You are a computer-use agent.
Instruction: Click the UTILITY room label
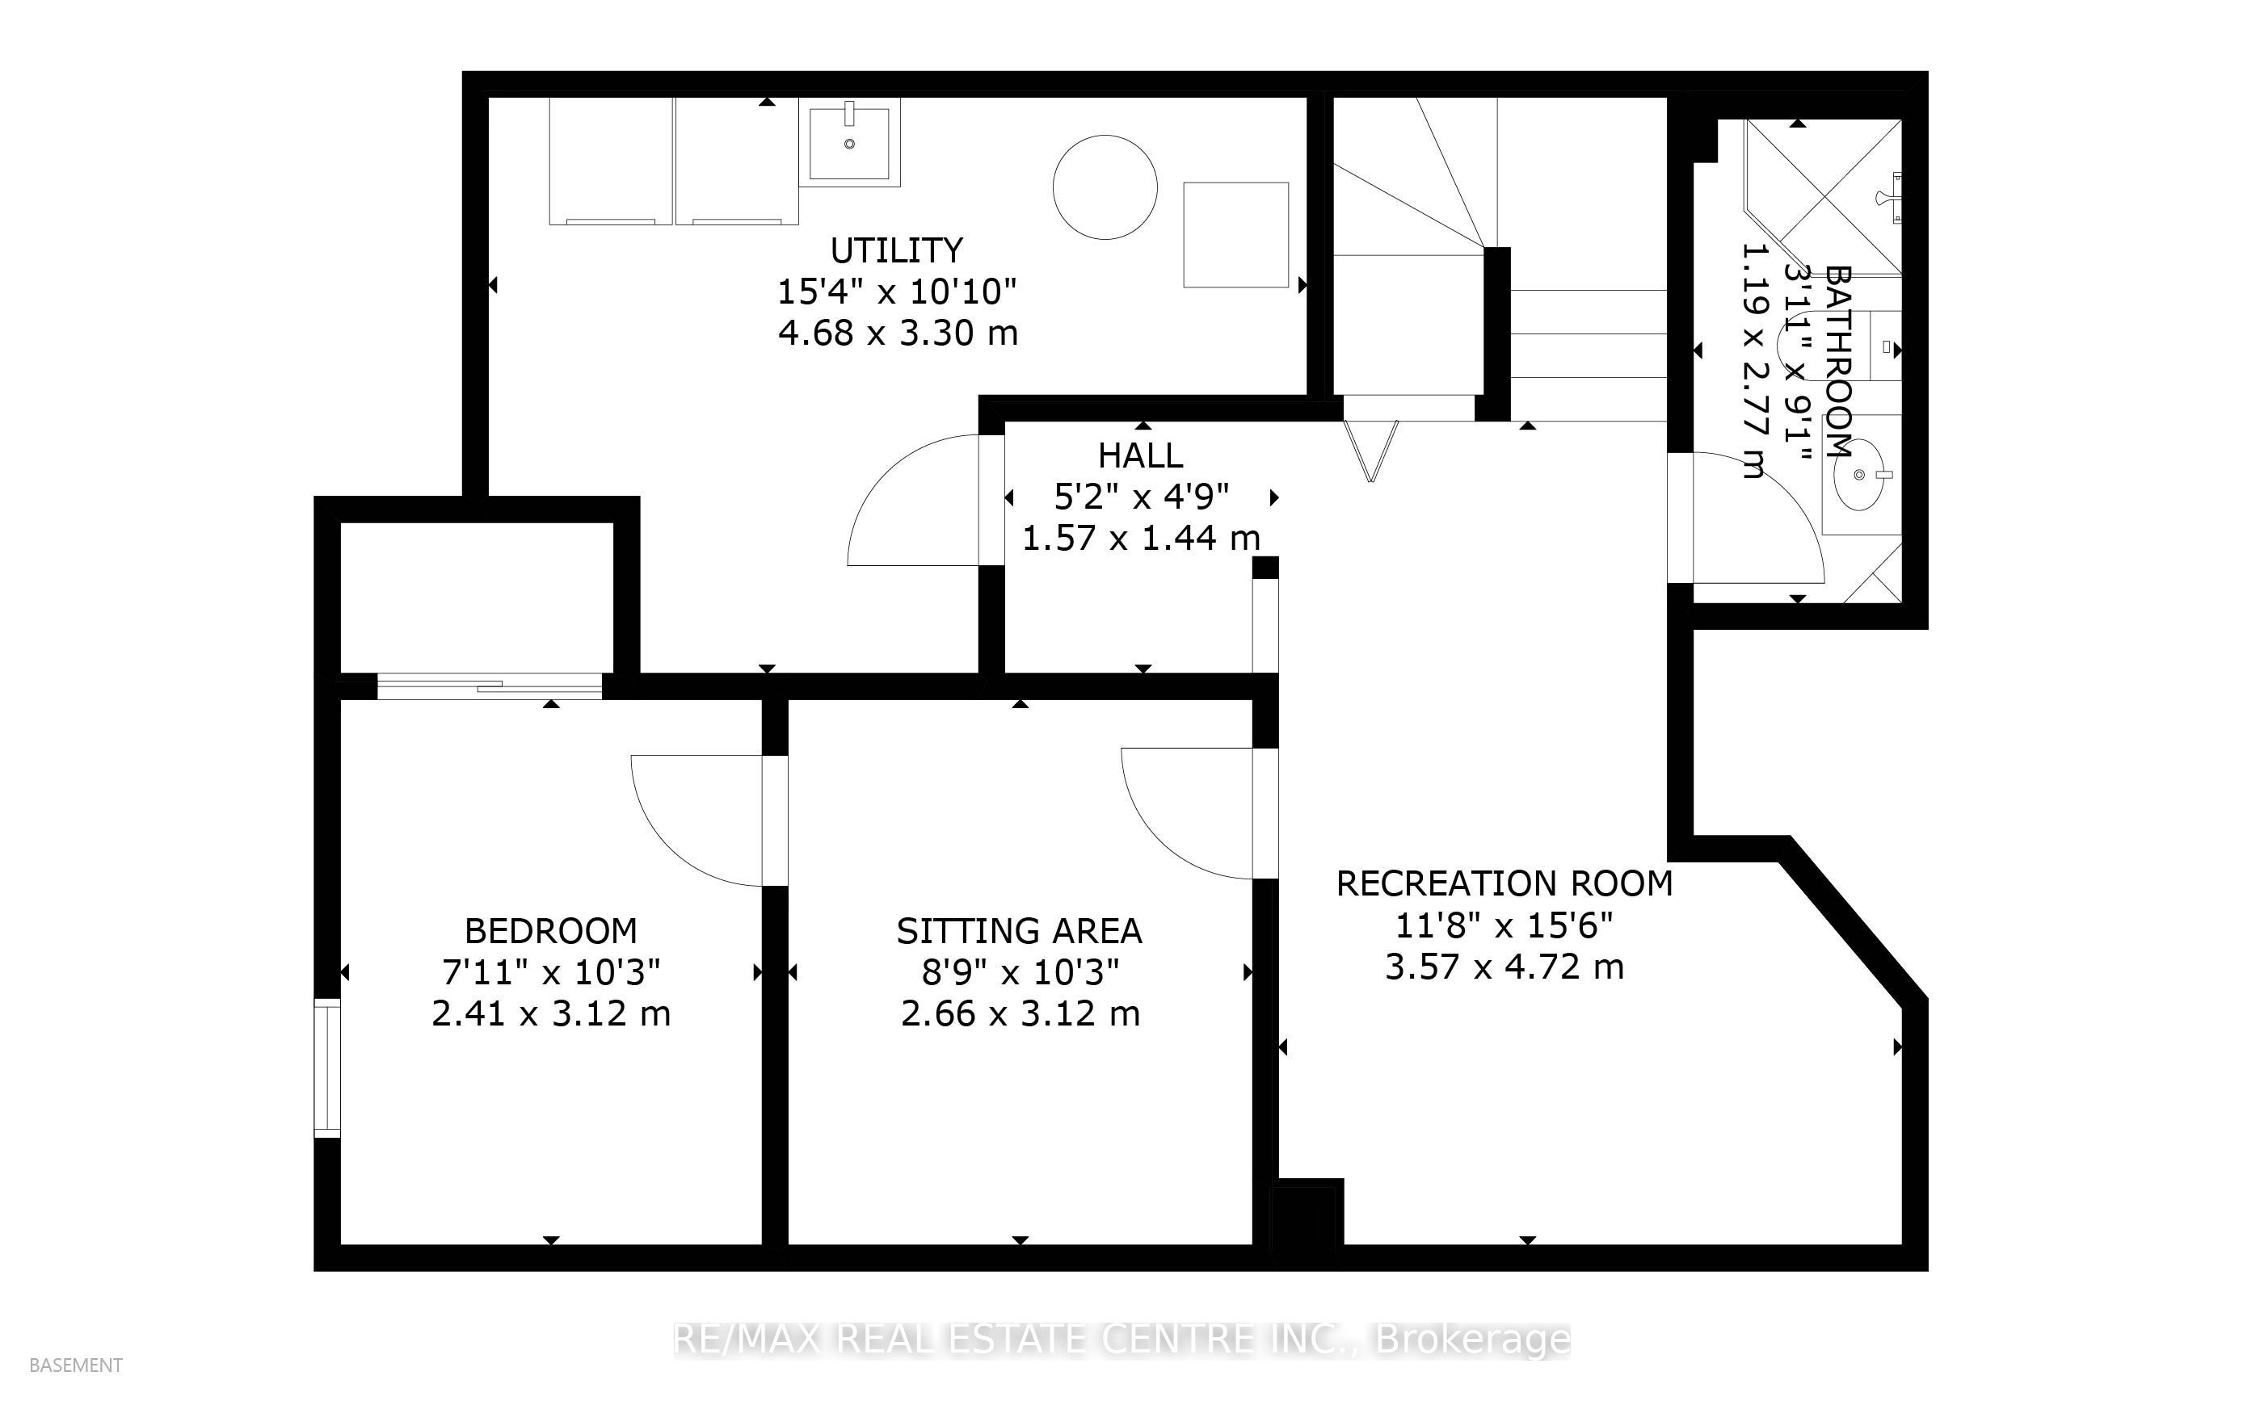[x=896, y=250]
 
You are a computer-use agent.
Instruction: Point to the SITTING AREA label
[x=1020, y=930]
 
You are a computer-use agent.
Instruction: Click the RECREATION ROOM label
[x=1504, y=884]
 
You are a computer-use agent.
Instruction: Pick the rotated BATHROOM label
[x=1838, y=362]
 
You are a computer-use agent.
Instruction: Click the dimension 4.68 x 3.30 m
[x=898, y=333]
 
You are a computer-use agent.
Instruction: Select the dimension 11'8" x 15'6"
[x=1504, y=925]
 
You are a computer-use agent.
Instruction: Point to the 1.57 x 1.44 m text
[x=1141, y=538]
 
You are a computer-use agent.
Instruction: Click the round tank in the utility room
[x=1105, y=187]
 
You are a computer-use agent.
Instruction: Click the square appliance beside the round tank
[x=1236, y=234]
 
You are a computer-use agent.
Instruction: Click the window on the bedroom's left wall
[x=327, y=1067]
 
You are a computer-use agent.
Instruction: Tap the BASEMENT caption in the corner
[x=76, y=1365]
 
